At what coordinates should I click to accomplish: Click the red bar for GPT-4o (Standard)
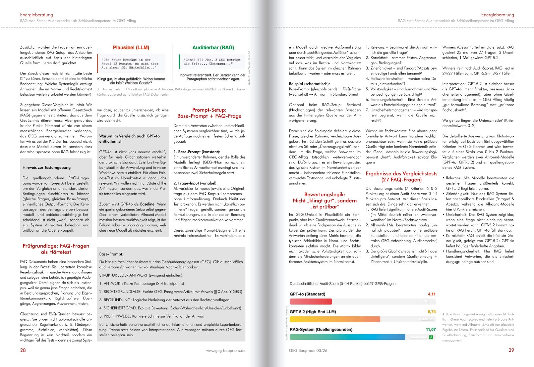[311, 301]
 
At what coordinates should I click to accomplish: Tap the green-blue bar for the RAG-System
[347, 337]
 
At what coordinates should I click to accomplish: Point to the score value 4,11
[432, 294]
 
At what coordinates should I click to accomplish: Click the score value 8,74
[432, 312]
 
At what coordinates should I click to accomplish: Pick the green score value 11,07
[431, 330]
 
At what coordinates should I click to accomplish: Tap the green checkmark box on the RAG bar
[431, 337]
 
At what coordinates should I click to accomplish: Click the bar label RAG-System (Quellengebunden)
[321, 330]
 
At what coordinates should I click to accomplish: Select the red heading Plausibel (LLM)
[131, 48]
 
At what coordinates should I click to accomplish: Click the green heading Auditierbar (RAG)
[213, 48]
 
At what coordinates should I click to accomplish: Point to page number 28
[23, 350]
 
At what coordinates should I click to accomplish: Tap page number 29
[511, 350]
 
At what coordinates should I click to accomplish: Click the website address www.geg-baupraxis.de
[226, 351]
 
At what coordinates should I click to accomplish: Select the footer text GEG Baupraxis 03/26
[308, 351]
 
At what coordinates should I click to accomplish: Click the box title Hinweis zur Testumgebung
[46, 167]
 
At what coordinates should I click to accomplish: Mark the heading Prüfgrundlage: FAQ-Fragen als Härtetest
[56, 249]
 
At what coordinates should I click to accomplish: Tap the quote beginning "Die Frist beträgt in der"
[130, 64]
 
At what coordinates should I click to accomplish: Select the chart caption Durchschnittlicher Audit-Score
[343, 284]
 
